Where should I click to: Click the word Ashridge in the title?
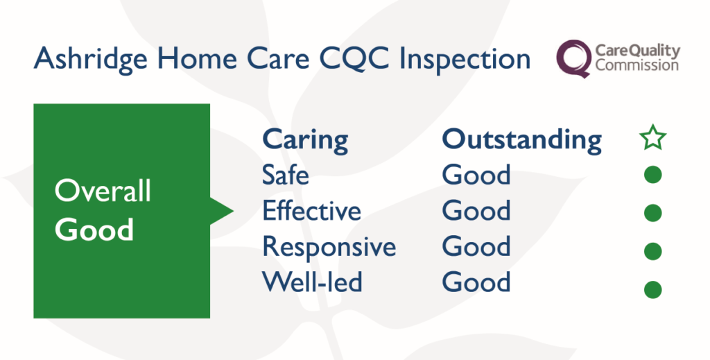[91, 59]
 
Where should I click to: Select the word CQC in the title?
[354, 59]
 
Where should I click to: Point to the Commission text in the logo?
[637, 65]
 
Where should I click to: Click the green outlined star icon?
[652, 137]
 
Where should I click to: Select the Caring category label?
[305, 140]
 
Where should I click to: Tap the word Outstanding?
[521, 140]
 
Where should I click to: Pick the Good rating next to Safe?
[476, 175]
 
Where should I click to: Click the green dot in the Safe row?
[652, 175]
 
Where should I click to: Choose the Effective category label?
[311, 210]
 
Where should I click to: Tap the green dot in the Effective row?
[652, 213]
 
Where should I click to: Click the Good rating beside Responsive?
[476, 246]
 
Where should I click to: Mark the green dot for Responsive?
[652, 251]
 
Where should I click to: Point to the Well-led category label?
[312, 282]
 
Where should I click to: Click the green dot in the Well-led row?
[652, 289]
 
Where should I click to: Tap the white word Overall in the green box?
[103, 191]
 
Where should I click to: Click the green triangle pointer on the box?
[220, 211]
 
